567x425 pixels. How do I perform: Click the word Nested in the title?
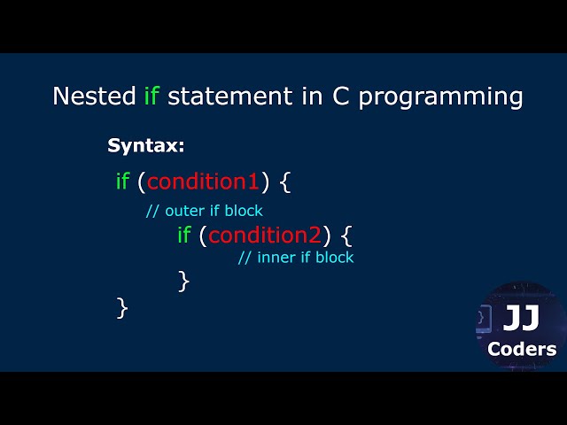[x=94, y=96]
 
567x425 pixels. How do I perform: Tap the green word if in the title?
[x=151, y=96]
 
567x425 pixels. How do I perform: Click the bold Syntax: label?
[x=146, y=146]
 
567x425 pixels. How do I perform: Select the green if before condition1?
[x=122, y=182]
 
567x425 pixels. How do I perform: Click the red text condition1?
[x=203, y=182]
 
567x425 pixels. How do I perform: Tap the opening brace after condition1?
[x=284, y=182]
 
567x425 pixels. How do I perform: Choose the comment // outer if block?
[x=204, y=211]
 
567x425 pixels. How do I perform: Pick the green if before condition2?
[x=184, y=235]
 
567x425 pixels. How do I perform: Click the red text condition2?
[x=264, y=235]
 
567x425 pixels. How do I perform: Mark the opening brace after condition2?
[x=346, y=236]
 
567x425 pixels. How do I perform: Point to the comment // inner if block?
[x=296, y=258]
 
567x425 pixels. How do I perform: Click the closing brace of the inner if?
[x=184, y=281]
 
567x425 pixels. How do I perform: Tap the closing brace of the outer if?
[x=122, y=308]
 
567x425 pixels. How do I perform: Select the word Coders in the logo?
[x=522, y=349]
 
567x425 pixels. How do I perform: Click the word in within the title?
[x=312, y=96]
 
